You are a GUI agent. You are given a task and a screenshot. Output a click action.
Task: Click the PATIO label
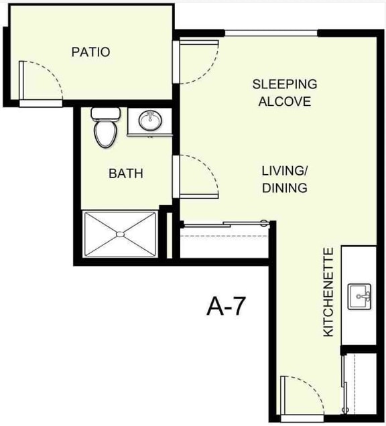tap(90, 52)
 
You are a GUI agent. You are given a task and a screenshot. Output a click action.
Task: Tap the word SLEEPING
tap(284, 84)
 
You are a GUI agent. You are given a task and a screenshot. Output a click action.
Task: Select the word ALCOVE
tap(284, 102)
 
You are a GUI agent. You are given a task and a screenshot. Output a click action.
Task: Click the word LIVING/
tap(284, 170)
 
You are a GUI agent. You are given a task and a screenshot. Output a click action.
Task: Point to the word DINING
tap(284, 188)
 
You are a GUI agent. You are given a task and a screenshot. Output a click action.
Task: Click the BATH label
tap(126, 174)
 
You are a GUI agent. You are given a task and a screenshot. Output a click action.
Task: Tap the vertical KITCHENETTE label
tap(328, 292)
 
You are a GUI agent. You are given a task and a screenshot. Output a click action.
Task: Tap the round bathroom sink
tap(149, 121)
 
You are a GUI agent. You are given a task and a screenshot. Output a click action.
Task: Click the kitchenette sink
tap(360, 296)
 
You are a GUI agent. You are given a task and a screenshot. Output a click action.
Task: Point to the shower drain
tap(120, 234)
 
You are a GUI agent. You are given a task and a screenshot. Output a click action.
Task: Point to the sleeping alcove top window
tap(271, 33)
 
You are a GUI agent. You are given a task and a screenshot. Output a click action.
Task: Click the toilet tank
tap(105, 113)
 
